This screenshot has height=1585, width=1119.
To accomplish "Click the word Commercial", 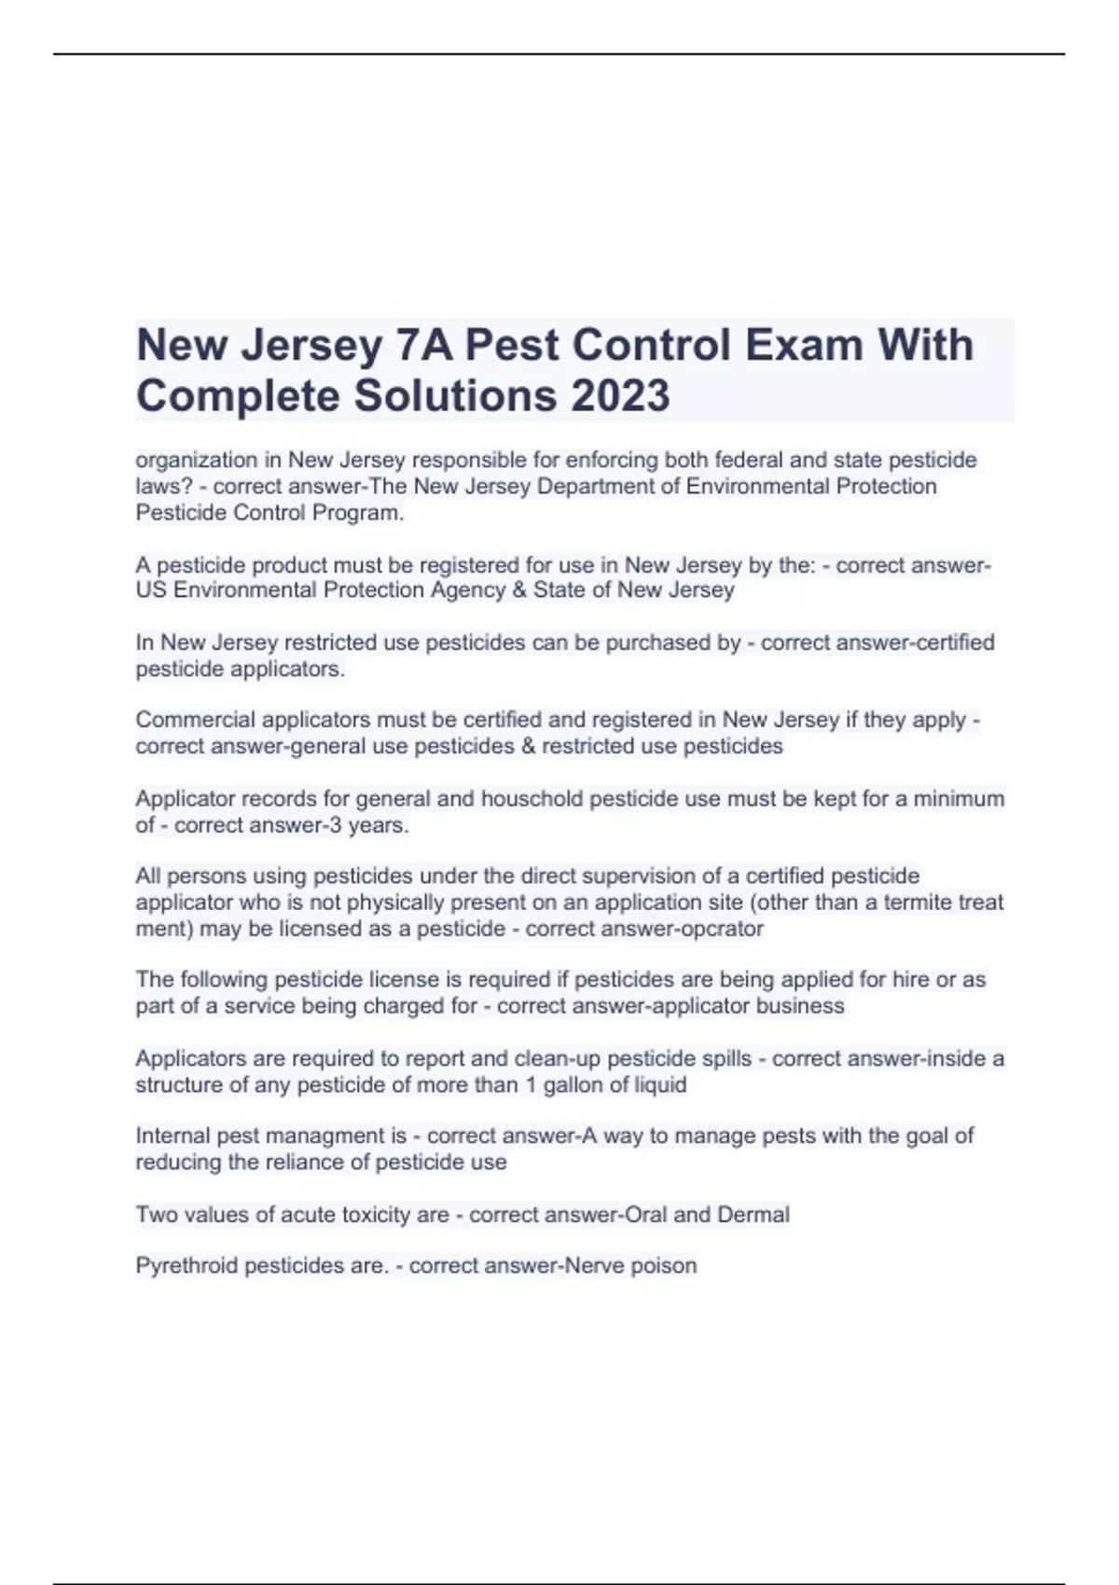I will pyautogui.click(x=195, y=720).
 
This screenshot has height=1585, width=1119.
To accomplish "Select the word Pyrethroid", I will pyautogui.click(x=186, y=1266).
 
